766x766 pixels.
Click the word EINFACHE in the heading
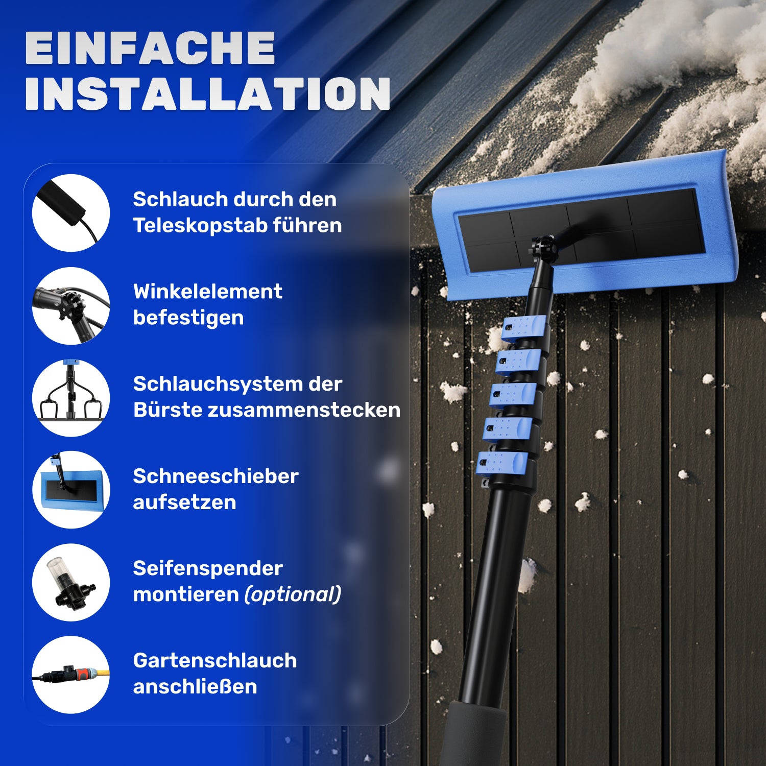[x=150, y=48]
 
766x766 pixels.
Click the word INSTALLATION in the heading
[x=207, y=94]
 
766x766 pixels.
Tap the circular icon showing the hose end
[x=71, y=213]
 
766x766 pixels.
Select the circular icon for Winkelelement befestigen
[x=71, y=305]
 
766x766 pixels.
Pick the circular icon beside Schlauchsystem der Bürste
[x=71, y=398]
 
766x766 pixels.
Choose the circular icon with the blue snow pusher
[x=71, y=490]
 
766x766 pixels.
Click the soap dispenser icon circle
[x=71, y=582]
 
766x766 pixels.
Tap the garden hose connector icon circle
[x=71, y=675]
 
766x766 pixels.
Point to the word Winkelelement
[x=207, y=292]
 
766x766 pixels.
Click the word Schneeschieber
[x=216, y=476]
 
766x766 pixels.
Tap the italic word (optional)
[x=293, y=594]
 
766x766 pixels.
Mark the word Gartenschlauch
[x=214, y=661]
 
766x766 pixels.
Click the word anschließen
[x=195, y=687]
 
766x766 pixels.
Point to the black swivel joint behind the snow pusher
[x=544, y=249]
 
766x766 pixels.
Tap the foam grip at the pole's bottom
[x=472, y=735]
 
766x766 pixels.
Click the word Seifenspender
[x=207, y=568]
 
